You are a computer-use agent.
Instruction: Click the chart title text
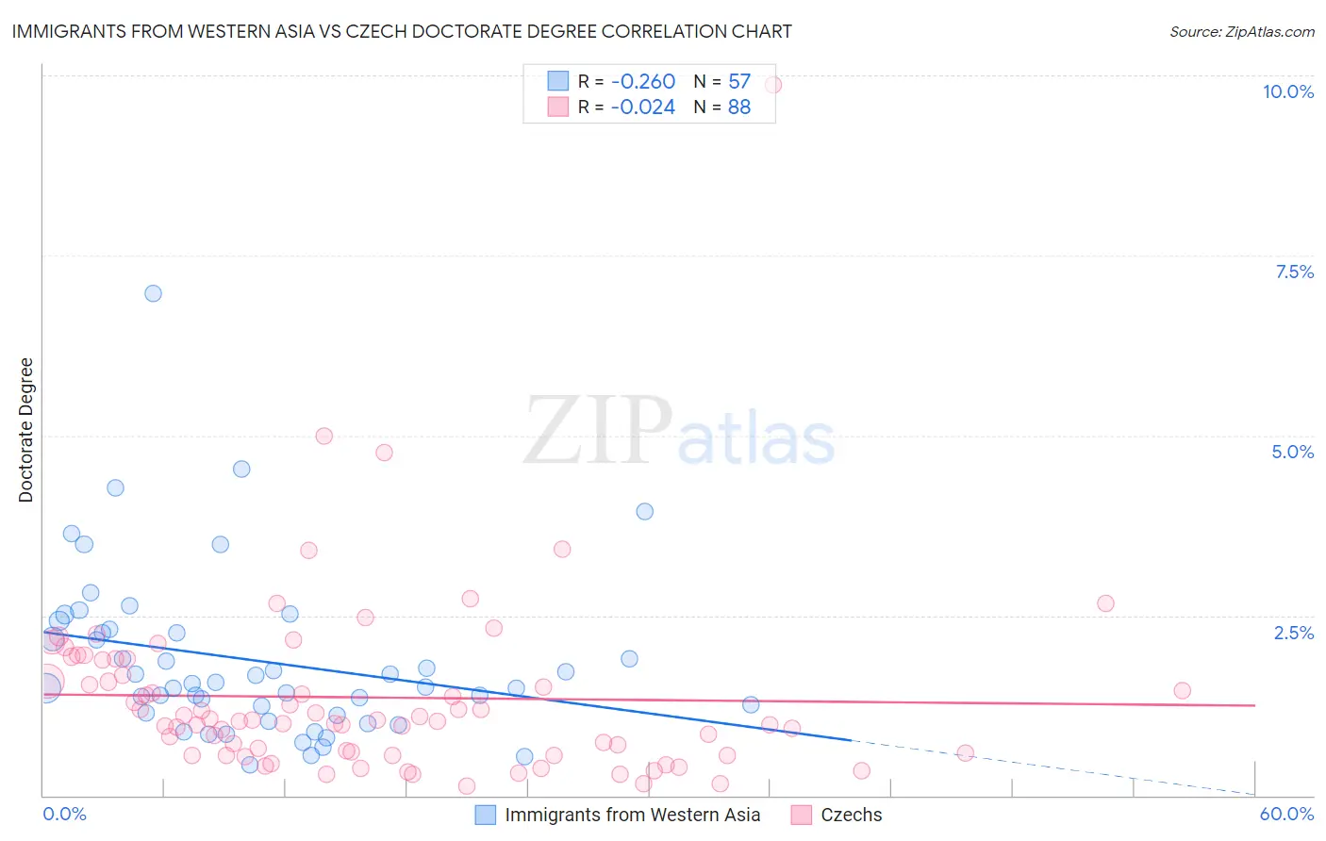(x=402, y=31)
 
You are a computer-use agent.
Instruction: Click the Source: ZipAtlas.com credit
(x=1241, y=31)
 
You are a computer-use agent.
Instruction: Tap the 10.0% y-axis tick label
(x=1287, y=91)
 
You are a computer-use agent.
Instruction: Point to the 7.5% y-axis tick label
(x=1294, y=272)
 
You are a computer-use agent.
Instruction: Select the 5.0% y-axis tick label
(x=1292, y=452)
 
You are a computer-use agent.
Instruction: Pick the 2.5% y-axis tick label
(x=1293, y=633)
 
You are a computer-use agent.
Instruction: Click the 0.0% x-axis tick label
(x=64, y=814)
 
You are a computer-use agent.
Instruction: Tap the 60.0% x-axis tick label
(x=1286, y=814)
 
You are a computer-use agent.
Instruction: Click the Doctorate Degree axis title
(x=26, y=430)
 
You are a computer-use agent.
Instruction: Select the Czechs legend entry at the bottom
(x=851, y=815)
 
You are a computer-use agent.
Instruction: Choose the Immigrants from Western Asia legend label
(x=632, y=815)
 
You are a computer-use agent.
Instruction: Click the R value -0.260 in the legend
(x=643, y=82)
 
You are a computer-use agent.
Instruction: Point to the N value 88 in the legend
(x=739, y=107)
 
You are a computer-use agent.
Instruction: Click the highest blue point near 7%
(x=153, y=293)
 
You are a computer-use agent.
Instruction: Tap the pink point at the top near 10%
(x=772, y=85)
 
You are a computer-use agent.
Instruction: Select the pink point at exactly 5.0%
(x=324, y=436)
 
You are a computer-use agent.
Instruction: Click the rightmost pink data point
(x=1182, y=690)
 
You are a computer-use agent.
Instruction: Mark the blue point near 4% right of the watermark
(x=645, y=511)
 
